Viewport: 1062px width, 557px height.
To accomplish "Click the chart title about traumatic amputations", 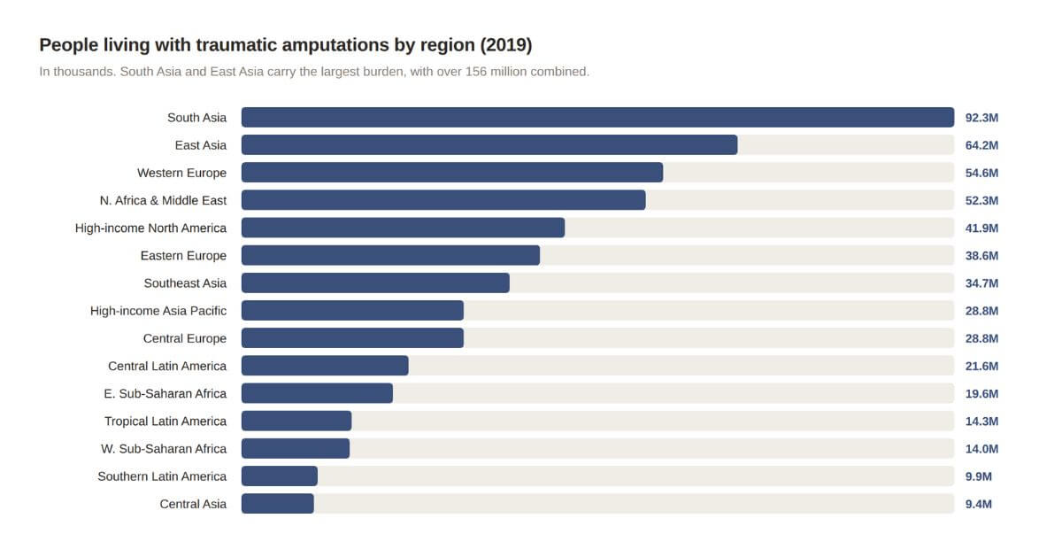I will point(285,44).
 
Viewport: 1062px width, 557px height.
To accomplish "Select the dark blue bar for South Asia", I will point(597,118).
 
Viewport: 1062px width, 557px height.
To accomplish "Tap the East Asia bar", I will point(489,145).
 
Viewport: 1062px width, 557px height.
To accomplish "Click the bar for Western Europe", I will point(451,173).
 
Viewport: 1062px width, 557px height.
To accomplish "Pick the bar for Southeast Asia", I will point(375,283).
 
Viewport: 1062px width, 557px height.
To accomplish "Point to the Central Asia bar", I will point(277,504).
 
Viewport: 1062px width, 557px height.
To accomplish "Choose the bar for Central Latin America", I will point(325,366).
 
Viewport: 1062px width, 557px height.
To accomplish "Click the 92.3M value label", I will point(981,118).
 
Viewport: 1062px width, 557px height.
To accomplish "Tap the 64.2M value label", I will point(981,145).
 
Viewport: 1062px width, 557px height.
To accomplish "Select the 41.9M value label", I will point(981,228).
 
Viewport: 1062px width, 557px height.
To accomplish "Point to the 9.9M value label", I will point(978,476).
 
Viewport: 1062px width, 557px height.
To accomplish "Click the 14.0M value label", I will point(981,449).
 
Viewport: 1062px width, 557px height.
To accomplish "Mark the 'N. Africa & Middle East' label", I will point(163,200).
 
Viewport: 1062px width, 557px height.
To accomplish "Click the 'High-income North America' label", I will point(150,228).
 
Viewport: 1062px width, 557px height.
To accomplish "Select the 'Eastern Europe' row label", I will point(183,256).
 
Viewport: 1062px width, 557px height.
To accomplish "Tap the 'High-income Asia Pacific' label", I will point(158,311).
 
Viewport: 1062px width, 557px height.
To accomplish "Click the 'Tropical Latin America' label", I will point(165,422).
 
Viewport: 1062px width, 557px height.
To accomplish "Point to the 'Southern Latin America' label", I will point(162,476).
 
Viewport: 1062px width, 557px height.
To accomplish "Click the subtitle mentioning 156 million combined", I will point(314,71).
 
